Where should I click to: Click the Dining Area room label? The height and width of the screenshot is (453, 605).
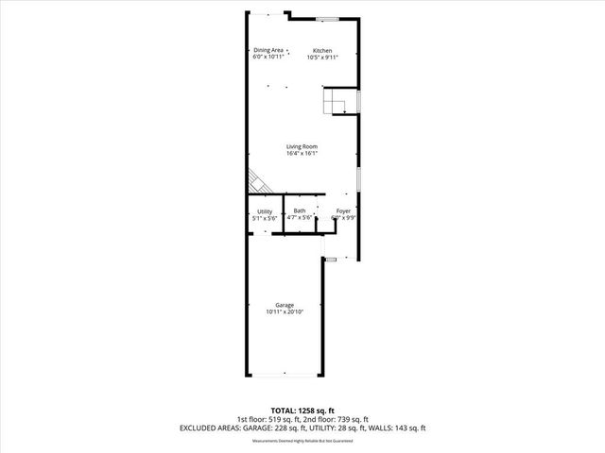pyautogui.click(x=268, y=50)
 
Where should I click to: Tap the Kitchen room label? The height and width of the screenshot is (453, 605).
pyautogui.click(x=322, y=50)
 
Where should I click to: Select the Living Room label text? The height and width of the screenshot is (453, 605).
pyautogui.click(x=302, y=146)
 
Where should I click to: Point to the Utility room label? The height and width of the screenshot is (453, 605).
pyautogui.click(x=265, y=210)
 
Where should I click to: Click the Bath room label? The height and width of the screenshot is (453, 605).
pyautogui.click(x=300, y=210)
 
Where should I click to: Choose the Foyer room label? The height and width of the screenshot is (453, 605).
pyautogui.click(x=343, y=210)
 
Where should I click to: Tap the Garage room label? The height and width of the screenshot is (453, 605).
pyautogui.click(x=285, y=305)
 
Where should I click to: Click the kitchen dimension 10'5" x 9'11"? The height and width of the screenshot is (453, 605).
pyautogui.click(x=322, y=58)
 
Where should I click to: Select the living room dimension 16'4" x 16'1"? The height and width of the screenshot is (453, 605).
pyautogui.click(x=302, y=154)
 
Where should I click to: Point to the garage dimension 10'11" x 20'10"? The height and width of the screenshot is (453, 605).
pyautogui.click(x=285, y=312)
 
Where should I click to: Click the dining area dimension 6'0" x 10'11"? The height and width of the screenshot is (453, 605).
pyautogui.click(x=268, y=58)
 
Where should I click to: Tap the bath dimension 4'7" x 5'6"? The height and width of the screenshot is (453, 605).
pyautogui.click(x=300, y=218)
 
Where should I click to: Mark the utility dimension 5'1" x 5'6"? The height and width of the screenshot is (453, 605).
pyautogui.click(x=265, y=218)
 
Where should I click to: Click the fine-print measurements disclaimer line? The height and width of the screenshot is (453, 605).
pyautogui.click(x=302, y=439)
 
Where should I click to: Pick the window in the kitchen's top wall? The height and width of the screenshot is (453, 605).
pyautogui.click(x=327, y=19)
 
